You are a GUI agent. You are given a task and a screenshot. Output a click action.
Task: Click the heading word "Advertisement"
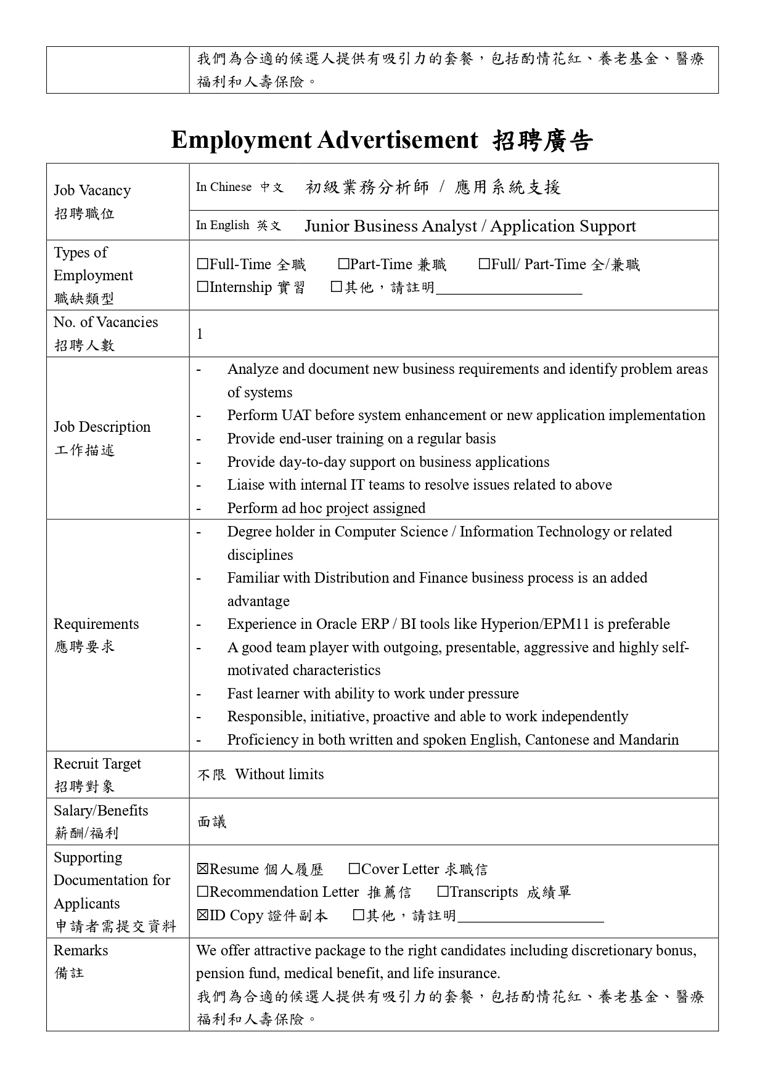tap(398, 140)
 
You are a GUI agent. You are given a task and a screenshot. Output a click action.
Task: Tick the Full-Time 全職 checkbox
tap(203, 265)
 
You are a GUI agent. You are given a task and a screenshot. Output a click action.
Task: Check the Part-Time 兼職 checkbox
tap(343, 265)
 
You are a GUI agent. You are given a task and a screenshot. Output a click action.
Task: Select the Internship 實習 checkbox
tap(203, 288)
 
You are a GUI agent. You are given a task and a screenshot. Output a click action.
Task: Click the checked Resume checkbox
tap(203, 869)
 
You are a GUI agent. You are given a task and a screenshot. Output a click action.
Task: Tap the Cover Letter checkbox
tap(354, 869)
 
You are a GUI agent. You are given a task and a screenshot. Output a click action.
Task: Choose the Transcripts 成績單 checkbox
tap(443, 892)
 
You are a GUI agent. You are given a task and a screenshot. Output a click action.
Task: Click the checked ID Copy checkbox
tap(203, 915)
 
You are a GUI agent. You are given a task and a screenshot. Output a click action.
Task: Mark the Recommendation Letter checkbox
tap(203, 892)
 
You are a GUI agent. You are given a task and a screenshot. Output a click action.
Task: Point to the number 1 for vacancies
tap(200, 334)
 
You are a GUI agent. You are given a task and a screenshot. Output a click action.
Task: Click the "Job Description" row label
tap(102, 427)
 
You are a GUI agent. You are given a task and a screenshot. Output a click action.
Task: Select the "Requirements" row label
tap(96, 624)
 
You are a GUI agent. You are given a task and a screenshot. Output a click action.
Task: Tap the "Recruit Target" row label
tap(97, 764)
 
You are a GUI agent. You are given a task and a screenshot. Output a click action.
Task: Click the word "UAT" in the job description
tap(296, 415)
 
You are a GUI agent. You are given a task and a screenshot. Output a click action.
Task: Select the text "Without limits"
tap(279, 774)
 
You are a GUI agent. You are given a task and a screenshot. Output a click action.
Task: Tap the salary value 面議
tap(212, 822)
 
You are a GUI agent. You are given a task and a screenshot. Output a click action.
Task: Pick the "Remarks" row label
tap(81, 950)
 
